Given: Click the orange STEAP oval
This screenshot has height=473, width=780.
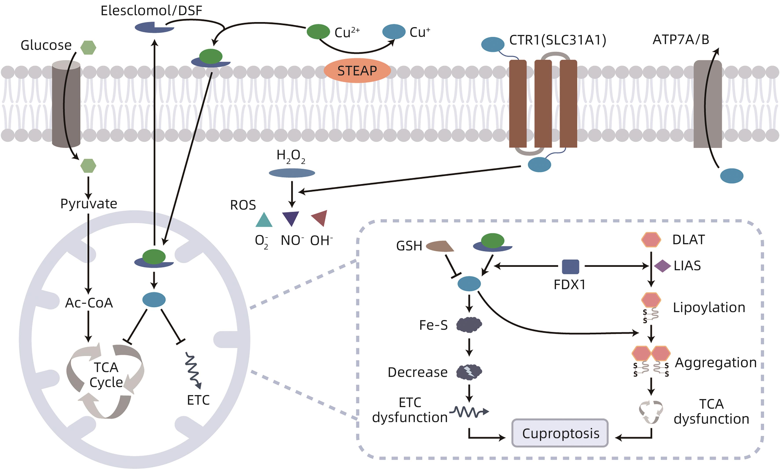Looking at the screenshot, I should tap(357, 70).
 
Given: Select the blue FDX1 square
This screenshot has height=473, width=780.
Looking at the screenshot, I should tap(570, 267).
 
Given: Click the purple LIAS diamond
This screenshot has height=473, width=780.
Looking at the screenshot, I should tap(662, 266).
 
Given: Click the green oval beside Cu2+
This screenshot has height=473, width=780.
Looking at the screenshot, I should tap(318, 32).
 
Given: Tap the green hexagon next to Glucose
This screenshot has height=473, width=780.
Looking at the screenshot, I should tap(88, 48).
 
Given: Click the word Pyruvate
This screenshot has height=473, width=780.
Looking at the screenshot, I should tap(89, 203).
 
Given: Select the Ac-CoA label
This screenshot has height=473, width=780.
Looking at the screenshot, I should tap(89, 303).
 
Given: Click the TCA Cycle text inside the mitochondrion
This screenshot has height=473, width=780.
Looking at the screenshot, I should tap(106, 375).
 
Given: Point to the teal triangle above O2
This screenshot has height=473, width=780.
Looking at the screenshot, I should tap(264, 220).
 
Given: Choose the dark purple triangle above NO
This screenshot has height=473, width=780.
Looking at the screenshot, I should tap(290, 218).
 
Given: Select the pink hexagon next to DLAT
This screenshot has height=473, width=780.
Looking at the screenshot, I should tap(651, 240).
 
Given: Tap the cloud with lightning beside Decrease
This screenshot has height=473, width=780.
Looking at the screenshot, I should tap(469, 372).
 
